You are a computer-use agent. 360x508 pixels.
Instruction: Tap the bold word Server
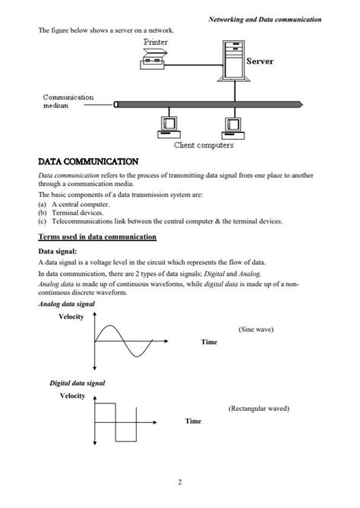click(x=259, y=62)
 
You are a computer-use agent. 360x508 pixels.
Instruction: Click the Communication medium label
click(x=68, y=102)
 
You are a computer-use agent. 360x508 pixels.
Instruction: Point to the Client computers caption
click(x=204, y=145)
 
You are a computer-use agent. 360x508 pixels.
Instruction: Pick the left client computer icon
click(x=166, y=127)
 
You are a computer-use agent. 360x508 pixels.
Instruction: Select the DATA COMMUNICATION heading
click(x=88, y=162)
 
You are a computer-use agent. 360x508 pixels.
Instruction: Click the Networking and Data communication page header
click(x=265, y=18)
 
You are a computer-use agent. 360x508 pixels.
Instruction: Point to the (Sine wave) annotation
click(x=256, y=330)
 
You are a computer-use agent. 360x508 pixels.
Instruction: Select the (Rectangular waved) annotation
click(x=258, y=409)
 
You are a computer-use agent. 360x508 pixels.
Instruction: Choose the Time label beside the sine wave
click(x=209, y=342)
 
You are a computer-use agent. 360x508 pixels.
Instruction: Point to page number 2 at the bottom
click(x=180, y=481)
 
